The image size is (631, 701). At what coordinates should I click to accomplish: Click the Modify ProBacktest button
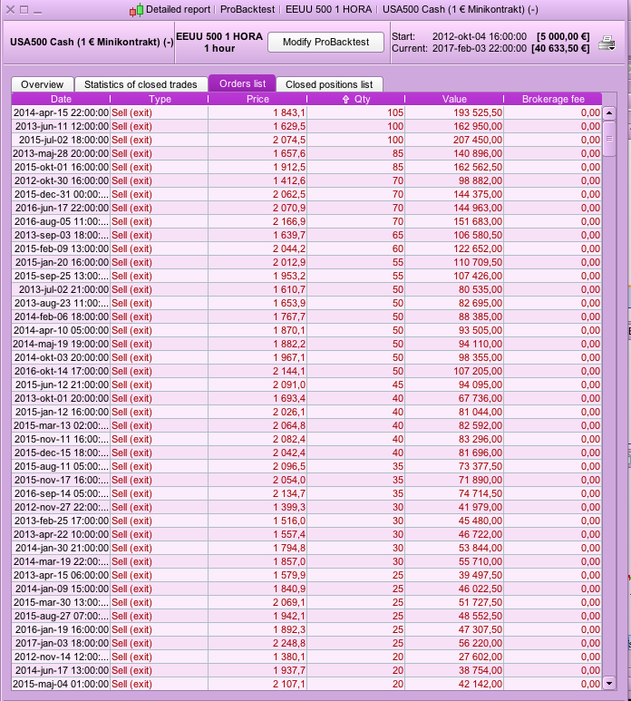[325, 43]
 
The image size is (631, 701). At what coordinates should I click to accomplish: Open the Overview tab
[42, 84]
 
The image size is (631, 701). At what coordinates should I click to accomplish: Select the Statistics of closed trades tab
[141, 84]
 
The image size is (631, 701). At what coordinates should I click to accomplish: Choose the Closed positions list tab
[328, 84]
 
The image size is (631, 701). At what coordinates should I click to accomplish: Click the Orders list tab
[241, 84]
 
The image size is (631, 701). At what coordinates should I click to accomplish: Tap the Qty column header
[356, 99]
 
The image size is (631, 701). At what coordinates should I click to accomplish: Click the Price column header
[257, 99]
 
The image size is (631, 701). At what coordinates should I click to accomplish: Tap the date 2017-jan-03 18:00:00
[61, 643]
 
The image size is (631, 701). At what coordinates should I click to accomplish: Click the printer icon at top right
[607, 43]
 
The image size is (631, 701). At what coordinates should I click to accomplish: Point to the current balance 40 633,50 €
[562, 48]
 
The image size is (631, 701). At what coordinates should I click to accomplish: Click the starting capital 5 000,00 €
[565, 36]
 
